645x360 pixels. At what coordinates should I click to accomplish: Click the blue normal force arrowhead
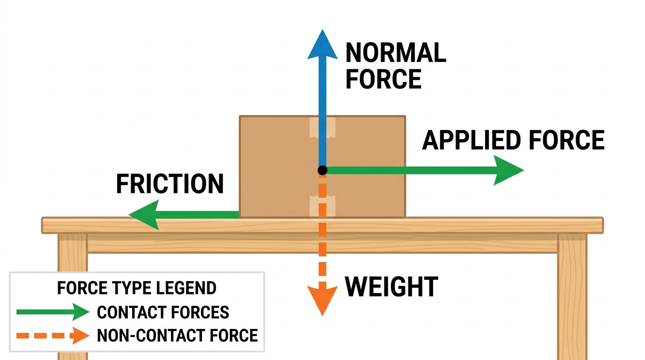coord(322,46)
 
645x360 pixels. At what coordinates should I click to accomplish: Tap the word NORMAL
coord(396,52)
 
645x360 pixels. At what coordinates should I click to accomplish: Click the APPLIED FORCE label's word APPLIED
coord(472,140)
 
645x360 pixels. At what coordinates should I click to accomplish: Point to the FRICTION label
coord(170,183)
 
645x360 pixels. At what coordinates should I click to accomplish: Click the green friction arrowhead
coord(144,215)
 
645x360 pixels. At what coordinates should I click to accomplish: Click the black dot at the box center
coord(322,170)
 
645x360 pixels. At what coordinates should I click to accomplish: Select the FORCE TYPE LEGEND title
coord(137,288)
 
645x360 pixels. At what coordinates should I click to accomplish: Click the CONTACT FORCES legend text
coord(163,312)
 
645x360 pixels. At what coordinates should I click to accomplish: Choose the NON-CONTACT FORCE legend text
coord(177,336)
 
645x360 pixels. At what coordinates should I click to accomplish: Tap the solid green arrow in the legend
coord(52,312)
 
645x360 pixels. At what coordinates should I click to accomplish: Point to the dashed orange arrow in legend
coord(52,336)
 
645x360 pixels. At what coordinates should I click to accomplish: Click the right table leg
coord(572,297)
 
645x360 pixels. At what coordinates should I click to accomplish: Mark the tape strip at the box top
coord(322,127)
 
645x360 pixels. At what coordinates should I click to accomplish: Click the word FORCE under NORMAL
coord(383,79)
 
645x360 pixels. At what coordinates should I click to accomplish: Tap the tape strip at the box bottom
coord(322,206)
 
